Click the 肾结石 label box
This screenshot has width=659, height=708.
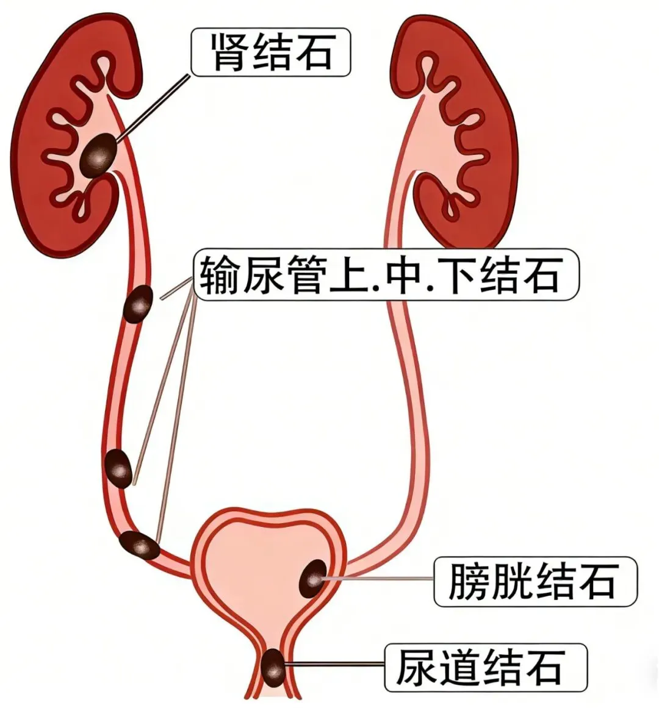[x=271, y=52]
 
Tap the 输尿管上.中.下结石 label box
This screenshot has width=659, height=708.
[x=385, y=275]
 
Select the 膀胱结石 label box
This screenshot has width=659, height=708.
[x=535, y=581]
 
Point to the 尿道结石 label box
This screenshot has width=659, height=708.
[x=485, y=667]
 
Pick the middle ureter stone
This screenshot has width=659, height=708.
[x=118, y=468]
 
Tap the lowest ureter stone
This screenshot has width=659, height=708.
[x=139, y=545]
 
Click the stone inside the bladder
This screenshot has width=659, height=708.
[x=312, y=579]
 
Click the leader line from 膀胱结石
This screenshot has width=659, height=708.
[x=378, y=577]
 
